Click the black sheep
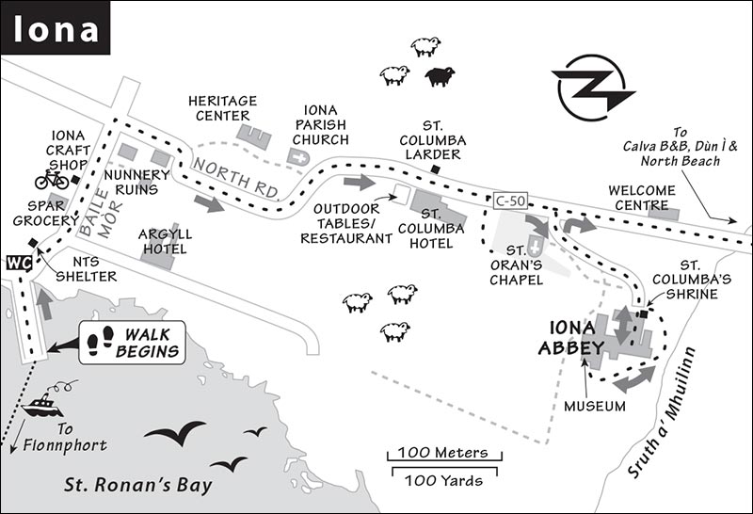[440, 76]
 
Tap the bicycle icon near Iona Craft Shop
[52, 179]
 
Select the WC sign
[19, 264]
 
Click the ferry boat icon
[42, 407]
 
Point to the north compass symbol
[594, 88]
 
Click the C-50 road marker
[510, 201]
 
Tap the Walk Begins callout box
[132, 343]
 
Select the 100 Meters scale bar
[444, 456]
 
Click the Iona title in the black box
[56, 28]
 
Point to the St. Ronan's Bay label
[138, 485]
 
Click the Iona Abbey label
[572, 337]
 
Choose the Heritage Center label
[222, 108]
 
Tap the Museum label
[595, 407]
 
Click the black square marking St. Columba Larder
[436, 169]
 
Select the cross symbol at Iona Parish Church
[298, 157]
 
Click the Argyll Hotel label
[165, 242]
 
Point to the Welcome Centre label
[642, 198]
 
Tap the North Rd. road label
[236, 179]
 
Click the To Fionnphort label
[65, 437]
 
